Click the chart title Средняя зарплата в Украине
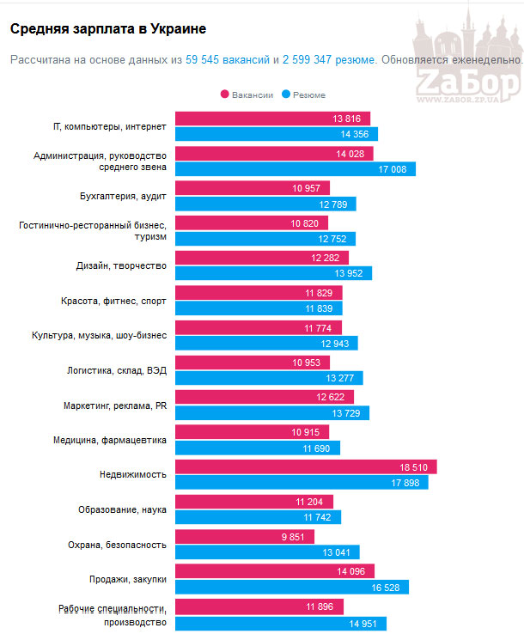point(107,29)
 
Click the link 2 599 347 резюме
point(329,60)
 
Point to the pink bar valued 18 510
point(306,466)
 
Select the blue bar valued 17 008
point(296,169)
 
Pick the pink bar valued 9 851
point(245,537)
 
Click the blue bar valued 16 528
point(292,587)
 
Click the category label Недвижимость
point(133,474)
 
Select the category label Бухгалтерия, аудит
point(123,196)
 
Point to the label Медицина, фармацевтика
point(109,440)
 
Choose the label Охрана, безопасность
point(117,545)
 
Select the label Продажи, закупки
point(127,579)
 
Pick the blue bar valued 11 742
point(258,517)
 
